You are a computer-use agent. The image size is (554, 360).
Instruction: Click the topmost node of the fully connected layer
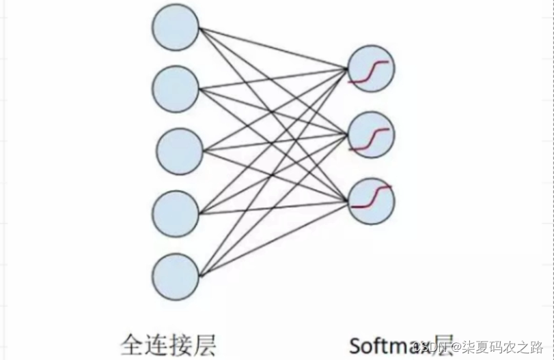[x=176, y=27]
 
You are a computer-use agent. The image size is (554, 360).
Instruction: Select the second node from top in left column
[x=176, y=89]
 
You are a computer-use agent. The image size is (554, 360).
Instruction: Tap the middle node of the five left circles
[x=180, y=151]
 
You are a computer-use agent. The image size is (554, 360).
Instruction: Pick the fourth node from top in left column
[x=175, y=213]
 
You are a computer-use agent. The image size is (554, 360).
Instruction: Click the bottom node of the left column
[x=176, y=276]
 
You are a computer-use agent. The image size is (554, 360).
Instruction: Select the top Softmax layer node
[x=371, y=71]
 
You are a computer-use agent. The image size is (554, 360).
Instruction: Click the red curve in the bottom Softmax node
[x=371, y=196]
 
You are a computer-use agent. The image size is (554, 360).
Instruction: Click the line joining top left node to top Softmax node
[x=273, y=48]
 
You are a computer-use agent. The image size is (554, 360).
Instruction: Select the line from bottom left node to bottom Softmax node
[x=273, y=237]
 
